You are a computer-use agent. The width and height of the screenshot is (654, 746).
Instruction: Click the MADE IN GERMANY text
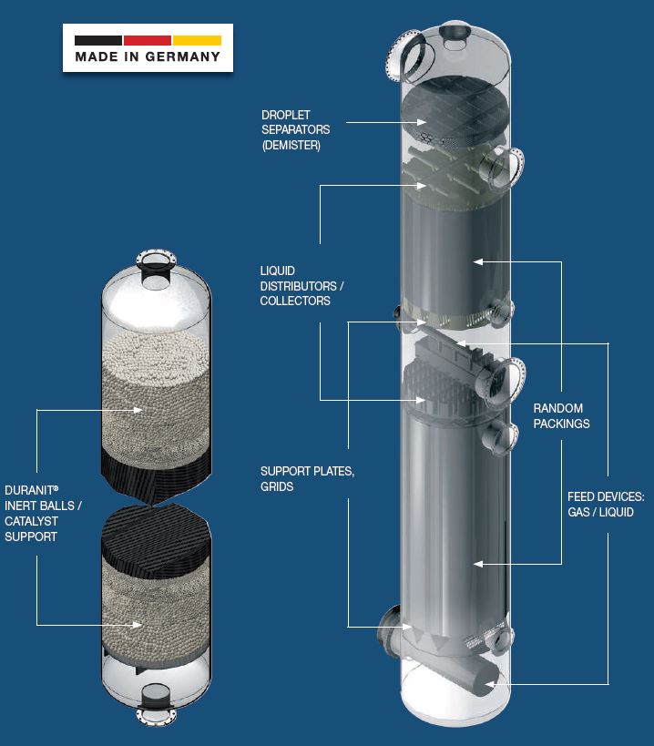(x=148, y=56)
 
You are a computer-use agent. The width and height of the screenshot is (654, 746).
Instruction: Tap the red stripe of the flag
(x=148, y=40)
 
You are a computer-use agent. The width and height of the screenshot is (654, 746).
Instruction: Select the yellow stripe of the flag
(x=197, y=40)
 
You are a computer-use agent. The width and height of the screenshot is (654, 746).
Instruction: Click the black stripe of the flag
(x=98, y=40)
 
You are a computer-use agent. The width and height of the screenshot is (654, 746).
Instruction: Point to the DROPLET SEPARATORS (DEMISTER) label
(x=297, y=130)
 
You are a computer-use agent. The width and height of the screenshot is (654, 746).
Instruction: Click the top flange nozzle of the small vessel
(x=158, y=260)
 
